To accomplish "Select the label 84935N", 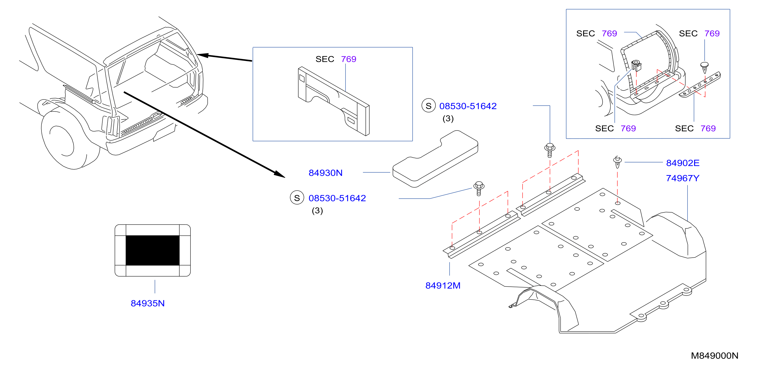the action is tap(148, 303).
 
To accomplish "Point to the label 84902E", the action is tap(683, 163).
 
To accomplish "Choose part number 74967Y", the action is tap(683, 178).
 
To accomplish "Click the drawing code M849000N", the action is tap(715, 356).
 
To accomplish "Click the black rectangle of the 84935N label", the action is tap(153, 250).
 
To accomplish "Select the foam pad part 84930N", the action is tap(435, 159).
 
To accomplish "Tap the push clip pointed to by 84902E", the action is tap(617, 162).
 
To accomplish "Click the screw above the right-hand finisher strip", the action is tap(550, 150).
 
